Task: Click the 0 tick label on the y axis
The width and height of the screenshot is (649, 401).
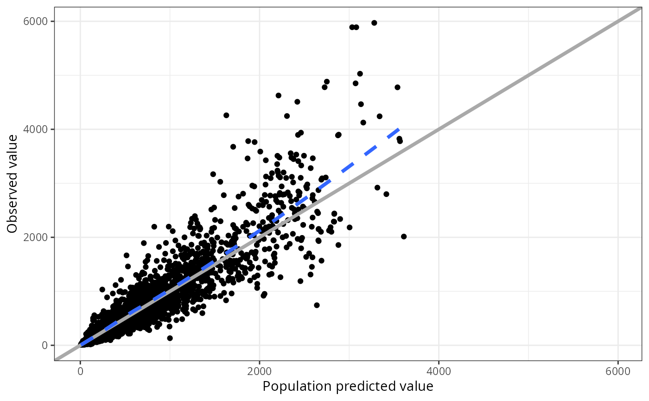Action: [45, 345]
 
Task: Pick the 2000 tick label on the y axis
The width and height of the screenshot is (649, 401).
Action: [37, 237]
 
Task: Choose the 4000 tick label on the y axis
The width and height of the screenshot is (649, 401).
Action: [37, 129]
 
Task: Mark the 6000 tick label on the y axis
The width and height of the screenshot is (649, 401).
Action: [37, 21]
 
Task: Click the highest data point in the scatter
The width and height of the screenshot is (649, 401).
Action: [374, 23]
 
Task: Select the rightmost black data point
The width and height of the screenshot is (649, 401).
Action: [404, 236]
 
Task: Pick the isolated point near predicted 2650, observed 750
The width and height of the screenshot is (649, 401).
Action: [317, 305]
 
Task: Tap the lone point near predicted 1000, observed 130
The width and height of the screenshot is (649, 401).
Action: [170, 338]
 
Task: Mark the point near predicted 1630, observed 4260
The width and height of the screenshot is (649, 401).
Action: [226, 115]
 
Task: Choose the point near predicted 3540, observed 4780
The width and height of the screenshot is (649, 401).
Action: [397, 87]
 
